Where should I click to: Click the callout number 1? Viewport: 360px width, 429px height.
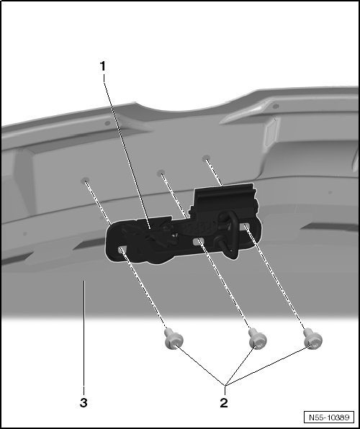(103, 66)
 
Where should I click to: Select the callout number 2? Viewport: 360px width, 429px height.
(224, 403)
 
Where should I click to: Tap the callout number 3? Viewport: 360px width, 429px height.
(84, 403)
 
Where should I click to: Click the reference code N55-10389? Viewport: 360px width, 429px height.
(329, 417)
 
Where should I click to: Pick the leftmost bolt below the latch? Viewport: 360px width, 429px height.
(174, 339)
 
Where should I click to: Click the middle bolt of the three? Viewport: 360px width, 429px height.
(257, 338)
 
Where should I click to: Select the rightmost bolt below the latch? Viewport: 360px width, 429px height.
(313, 338)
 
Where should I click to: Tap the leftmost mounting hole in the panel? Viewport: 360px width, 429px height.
(85, 180)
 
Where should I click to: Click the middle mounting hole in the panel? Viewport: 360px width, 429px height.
(161, 173)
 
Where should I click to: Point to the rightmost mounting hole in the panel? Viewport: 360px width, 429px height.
(206, 158)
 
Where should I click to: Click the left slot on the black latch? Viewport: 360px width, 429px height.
(122, 249)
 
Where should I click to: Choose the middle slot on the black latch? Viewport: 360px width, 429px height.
(198, 242)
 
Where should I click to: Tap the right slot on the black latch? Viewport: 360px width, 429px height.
(245, 226)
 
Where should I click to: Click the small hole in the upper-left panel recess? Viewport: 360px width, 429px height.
(107, 123)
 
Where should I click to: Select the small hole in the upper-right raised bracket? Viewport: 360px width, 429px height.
(276, 106)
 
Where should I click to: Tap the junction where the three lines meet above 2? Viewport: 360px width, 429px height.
(225, 386)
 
